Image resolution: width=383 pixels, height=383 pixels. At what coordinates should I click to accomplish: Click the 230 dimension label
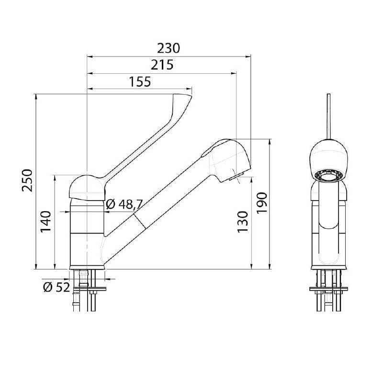169,48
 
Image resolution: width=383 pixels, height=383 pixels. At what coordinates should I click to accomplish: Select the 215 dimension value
162,65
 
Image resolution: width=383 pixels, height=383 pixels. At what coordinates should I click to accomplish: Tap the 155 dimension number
140,82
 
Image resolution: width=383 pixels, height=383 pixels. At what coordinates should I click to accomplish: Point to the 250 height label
27,180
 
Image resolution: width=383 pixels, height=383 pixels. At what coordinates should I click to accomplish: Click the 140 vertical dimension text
46,222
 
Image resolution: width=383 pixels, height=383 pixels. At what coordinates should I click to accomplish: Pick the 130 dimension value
243,222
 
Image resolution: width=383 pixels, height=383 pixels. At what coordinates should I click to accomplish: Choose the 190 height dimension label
262,203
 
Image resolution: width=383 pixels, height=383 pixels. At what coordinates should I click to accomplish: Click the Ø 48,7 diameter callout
124,204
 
